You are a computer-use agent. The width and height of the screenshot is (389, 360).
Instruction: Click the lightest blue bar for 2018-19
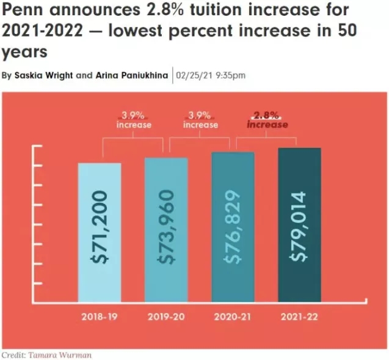click(100, 232)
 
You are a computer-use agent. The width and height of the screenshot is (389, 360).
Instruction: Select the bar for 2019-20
click(166, 229)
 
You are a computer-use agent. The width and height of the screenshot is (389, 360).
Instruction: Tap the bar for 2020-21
click(233, 226)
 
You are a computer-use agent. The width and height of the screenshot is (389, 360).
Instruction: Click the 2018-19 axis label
click(100, 317)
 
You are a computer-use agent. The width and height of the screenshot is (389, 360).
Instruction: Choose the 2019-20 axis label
click(166, 317)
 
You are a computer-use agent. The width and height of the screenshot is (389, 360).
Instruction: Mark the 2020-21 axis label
click(233, 317)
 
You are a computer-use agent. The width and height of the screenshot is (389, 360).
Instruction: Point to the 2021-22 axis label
click(299, 317)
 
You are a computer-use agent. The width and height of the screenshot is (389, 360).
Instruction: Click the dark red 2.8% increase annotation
click(267, 119)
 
